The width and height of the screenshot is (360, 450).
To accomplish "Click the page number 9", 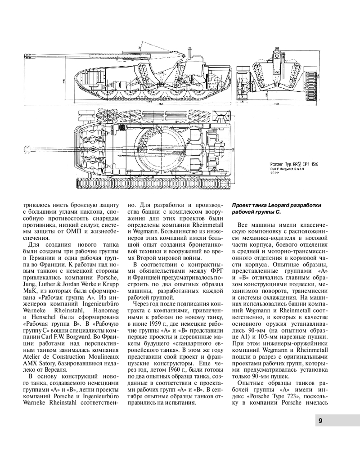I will [319, 421].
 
